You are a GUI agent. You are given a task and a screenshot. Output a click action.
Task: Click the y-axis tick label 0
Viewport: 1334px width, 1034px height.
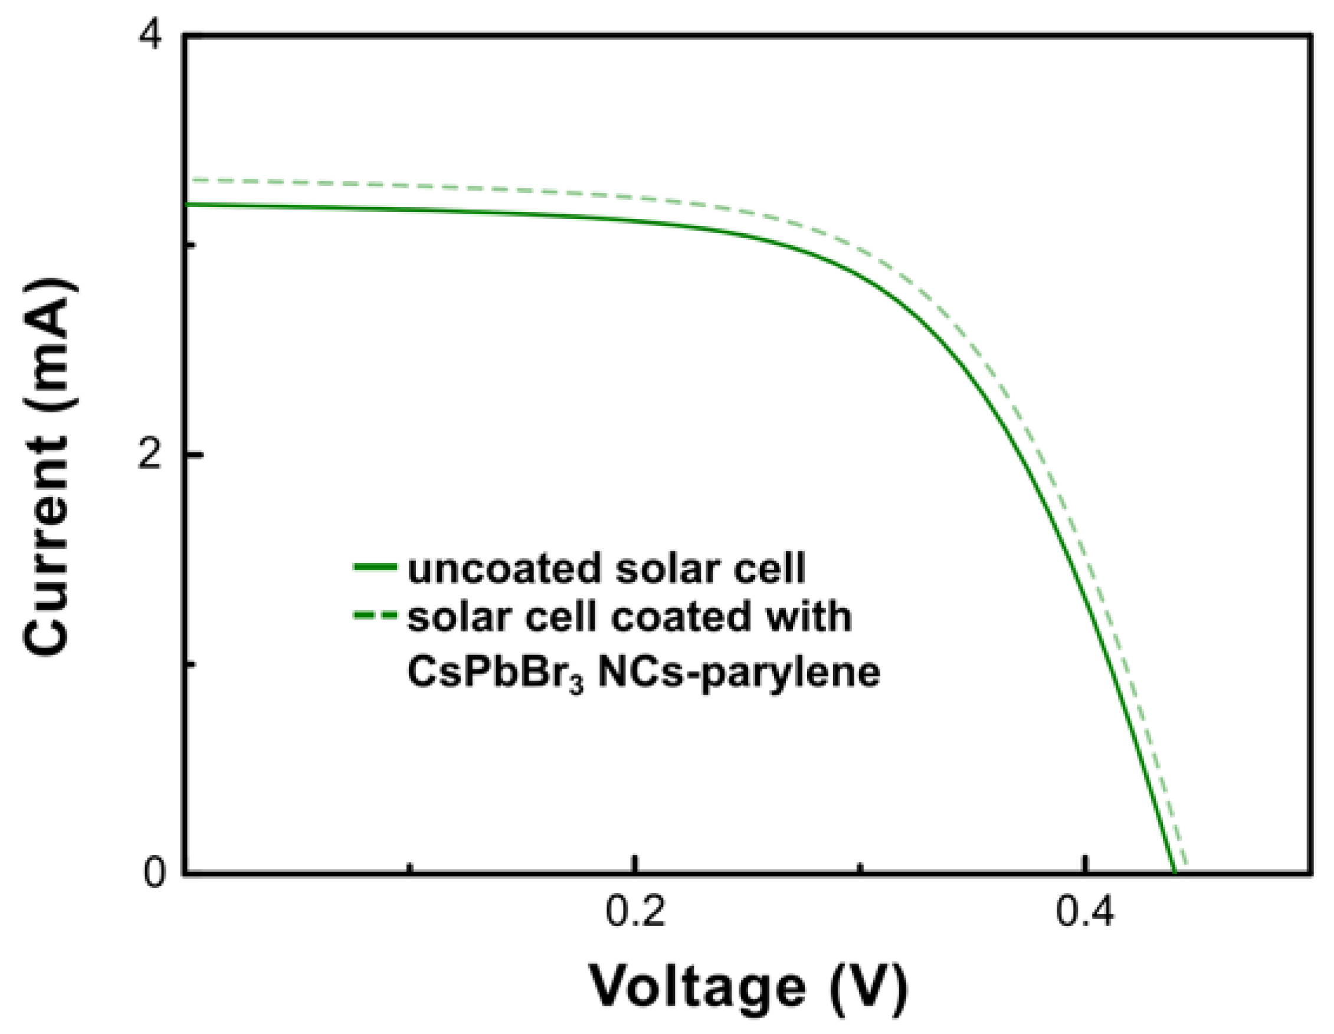coord(155,874)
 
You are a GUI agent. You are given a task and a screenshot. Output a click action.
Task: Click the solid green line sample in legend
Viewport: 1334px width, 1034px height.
coord(375,567)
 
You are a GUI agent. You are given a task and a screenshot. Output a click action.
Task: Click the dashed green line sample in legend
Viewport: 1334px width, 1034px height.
coord(375,616)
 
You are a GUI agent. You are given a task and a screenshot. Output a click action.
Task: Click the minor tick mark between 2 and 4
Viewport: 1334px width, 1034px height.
coord(191,245)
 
